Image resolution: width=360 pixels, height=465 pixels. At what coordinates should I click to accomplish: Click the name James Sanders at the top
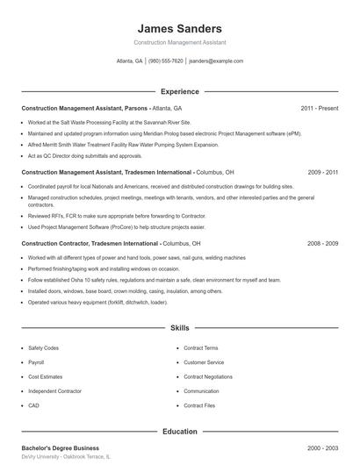click(179, 28)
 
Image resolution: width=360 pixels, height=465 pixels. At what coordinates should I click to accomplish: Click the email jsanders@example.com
click(216, 61)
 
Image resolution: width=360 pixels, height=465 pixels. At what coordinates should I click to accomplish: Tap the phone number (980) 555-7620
click(165, 61)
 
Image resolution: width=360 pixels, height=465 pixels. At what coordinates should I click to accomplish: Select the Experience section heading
click(179, 91)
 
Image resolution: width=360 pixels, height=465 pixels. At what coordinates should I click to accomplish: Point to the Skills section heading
click(179, 328)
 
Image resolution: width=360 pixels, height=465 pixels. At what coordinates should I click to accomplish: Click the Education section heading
click(179, 432)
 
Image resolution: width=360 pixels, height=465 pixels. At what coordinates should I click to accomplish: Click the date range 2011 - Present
click(319, 108)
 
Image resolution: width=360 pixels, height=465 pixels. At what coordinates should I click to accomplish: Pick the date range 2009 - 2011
click(322, 173)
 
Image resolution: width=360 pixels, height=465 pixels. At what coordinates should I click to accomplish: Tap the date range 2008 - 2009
click(322, 243)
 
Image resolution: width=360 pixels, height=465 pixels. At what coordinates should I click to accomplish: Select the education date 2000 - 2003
click(322, 448)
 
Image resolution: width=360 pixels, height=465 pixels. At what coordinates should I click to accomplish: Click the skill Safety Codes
click(43, 348)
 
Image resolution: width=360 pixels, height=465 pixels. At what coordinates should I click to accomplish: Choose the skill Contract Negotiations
click(208, 376)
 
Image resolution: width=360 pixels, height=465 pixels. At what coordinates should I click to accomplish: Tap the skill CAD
click(33, 405)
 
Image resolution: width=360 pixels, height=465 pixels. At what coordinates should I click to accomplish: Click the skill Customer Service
click(204, 362)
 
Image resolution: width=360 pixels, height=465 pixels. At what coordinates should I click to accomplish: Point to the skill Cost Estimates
click(44, 376)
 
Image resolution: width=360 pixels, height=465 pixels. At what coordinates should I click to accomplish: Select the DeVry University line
click(66, 458)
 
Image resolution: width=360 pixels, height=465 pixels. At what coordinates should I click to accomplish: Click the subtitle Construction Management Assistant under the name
click(179, 42)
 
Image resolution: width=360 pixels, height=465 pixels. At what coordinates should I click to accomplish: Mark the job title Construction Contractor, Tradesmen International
click(90, 243)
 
